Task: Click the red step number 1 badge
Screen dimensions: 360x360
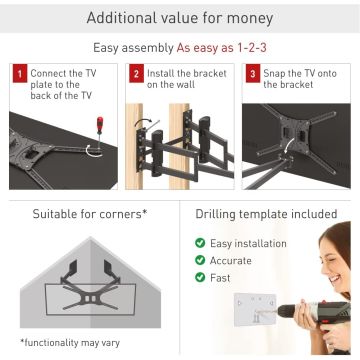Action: click(x=20, y=73)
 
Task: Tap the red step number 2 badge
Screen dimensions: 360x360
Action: click(x=136, y=73)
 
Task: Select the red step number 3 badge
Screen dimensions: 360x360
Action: click(x=253, y=73)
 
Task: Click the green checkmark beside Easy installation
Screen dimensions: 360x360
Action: click(x=200, y=243)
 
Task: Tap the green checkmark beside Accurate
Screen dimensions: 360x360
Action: click(x=200, y=260)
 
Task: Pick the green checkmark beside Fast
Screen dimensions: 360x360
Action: click(x=200, y=277)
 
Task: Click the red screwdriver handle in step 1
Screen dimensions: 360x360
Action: click(x=100, y=125)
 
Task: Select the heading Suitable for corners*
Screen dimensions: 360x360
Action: click(x=90, y=214)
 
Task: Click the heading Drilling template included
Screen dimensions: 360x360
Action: click(x=266, y=214)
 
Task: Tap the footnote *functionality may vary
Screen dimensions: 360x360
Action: click(x=70, y=343)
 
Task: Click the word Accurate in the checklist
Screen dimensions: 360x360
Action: click(x=231, y=260)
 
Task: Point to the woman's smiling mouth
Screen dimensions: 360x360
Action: click(x=335, y=278)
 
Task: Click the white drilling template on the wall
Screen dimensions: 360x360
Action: click(x=255, y=309)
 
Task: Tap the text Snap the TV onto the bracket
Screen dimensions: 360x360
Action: click(x=300, y=79)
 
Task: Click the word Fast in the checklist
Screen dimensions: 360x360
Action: click(x=220, y=277)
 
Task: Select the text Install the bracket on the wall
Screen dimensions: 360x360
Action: click(x=187, y=79)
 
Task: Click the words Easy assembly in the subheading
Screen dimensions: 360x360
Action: click(x=133, y=48)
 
